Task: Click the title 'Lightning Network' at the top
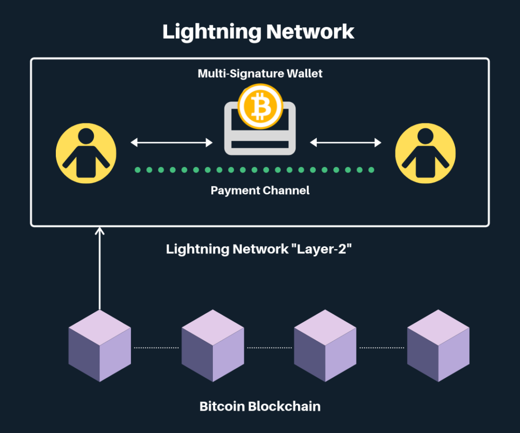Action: (x=258, y=31)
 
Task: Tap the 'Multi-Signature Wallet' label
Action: (x=260, y=74)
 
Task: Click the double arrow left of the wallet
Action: (x=172, y=143)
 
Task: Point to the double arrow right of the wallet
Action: (x=346, y=143)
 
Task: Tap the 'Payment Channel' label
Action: (x=260, y=191)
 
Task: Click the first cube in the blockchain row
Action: (x=100, y=346)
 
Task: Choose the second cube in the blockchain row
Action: (x=213, y=346)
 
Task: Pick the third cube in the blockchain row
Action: (x=326, y=346)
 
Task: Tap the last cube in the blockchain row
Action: (x=438, y=346)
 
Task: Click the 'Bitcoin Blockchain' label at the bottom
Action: (x=260, y=406)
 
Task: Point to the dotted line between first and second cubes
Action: (x=156, y=348)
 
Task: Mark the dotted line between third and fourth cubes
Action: (x=382, y=348)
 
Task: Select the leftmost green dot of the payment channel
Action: (x=138, y=170)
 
